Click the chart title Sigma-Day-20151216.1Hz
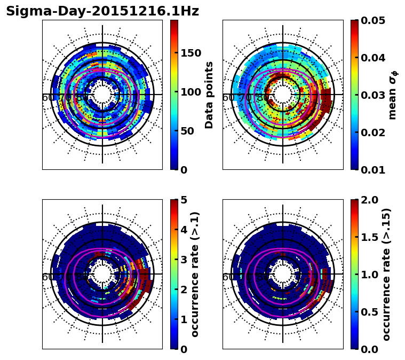tap(102, 12)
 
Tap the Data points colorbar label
tap(209, 95)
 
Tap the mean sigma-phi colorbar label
tap(392, 95)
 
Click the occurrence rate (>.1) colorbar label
tap(195, 274)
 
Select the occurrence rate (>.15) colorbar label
tap(386, 274)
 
